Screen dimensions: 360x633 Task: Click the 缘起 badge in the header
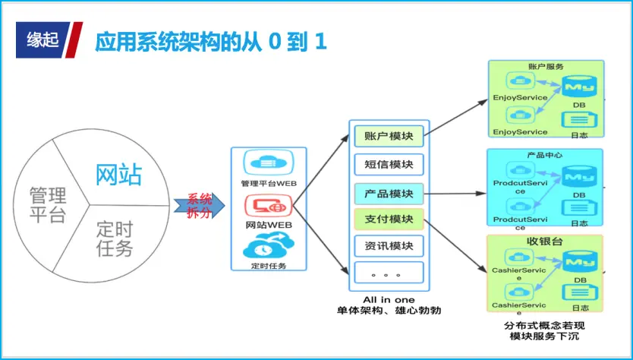[42, 40]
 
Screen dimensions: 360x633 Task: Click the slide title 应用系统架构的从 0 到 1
[210, 41]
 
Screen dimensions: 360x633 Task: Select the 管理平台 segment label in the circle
[48, 204]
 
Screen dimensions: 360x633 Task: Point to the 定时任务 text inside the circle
[115, 238]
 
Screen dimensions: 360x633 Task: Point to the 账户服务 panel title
[545, 67]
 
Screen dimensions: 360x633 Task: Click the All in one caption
[389, 300]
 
